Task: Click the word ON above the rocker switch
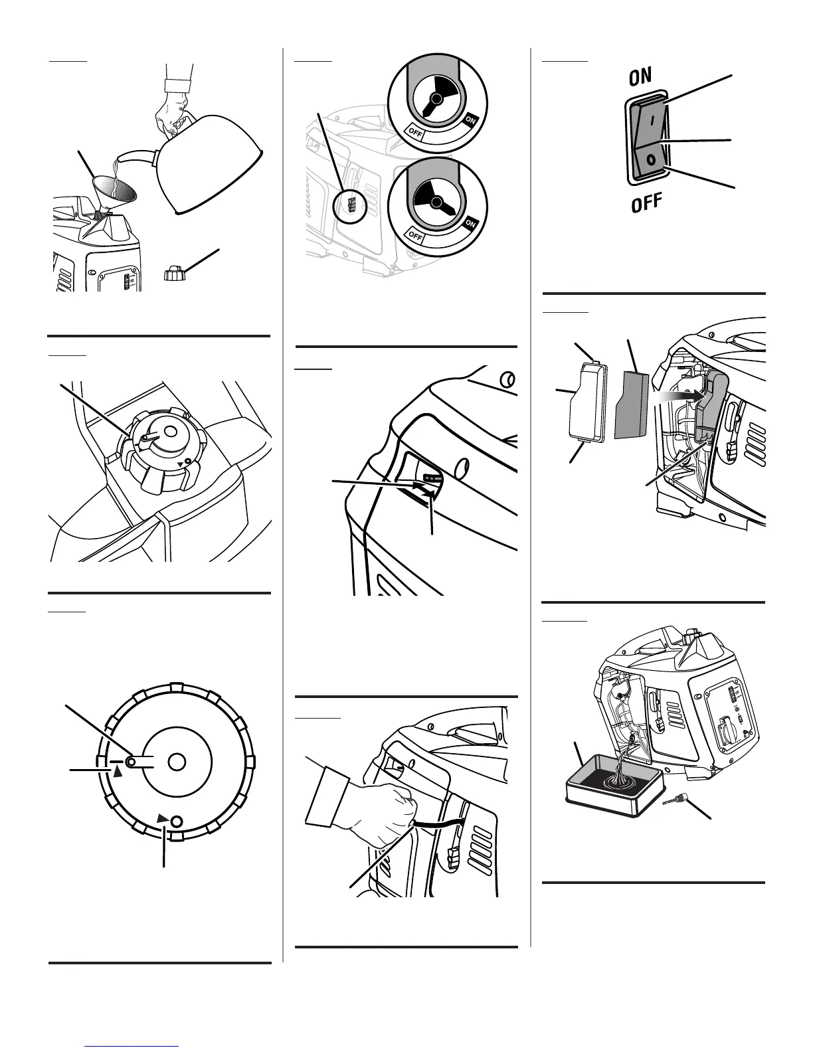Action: tap(641, 77)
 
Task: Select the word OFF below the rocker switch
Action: tap(646, 202)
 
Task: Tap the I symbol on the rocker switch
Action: tap(651, 122)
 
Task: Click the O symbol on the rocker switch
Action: tap(652, 159)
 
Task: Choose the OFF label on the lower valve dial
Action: tap(416, 235)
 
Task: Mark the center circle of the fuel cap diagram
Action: tap(176, 762)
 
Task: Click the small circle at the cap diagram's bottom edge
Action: tap(177, 822)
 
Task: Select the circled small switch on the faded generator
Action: tap(351, 205)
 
